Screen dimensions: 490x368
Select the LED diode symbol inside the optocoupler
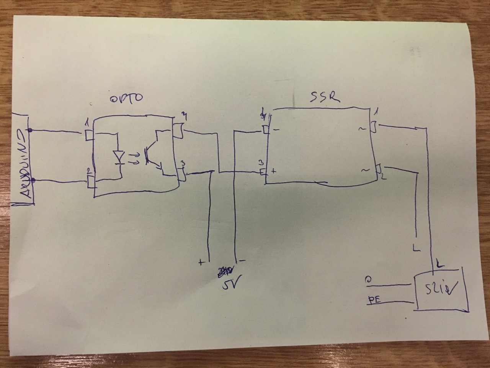click(x=119, y=156)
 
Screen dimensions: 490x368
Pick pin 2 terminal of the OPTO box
click(x=90, y=181)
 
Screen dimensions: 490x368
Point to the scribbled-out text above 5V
click(x=225, y=271)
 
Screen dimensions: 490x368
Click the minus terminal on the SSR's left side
click(x=266, y=130)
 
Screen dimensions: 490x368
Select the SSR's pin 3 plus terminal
click(x=264, y=172)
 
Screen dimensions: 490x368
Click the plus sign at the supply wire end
click(x=201, y=262)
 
